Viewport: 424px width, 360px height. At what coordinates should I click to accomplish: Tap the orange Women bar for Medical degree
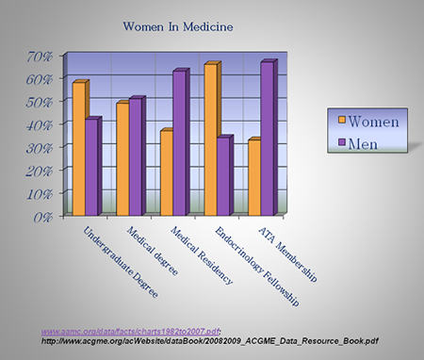tap(122, 158)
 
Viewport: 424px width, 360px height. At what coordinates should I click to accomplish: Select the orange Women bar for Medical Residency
tap(166, 172)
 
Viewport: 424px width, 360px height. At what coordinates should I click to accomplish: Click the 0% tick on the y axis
tap(43, 217)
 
